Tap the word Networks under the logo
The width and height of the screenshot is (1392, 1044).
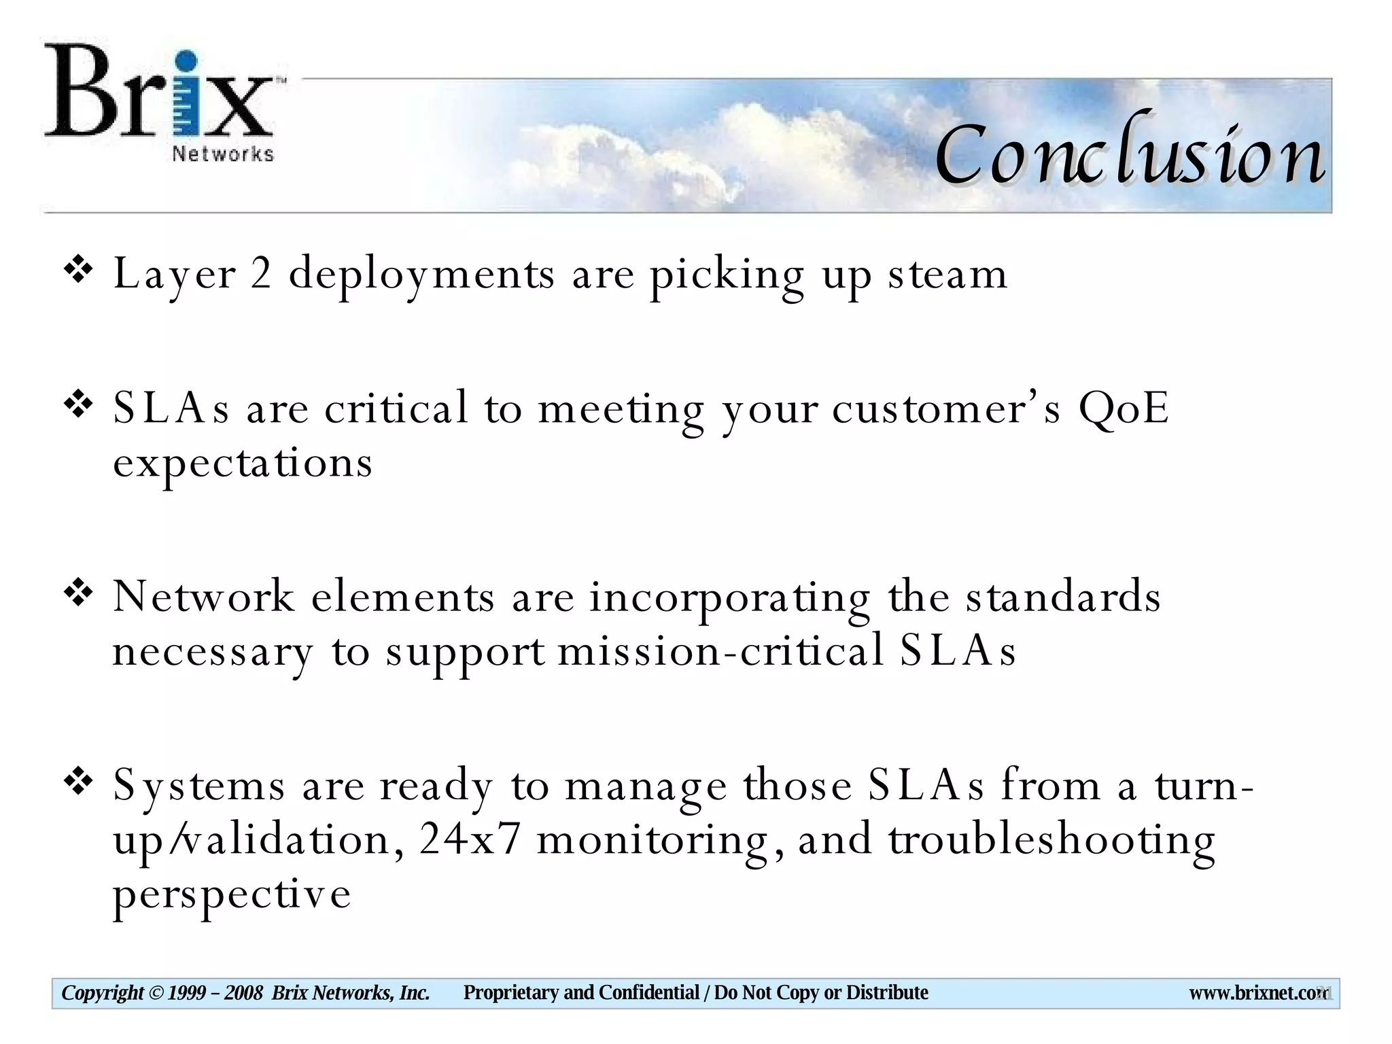tap(222, 154)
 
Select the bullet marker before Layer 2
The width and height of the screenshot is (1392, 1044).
tap(78, 271)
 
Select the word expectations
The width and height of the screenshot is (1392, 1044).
tap(243, 464)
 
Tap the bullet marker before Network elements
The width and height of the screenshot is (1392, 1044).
tap(78, 593)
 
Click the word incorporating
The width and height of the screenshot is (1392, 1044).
tap(729, 598)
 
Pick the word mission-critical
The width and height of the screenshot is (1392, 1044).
tap(720, 650)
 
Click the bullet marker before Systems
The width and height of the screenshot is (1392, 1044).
tap(78, 782)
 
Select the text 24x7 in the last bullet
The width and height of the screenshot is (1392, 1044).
tap(470, 839)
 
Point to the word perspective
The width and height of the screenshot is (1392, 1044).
tap(232, 894)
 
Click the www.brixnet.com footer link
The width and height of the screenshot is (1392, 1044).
tap(1257, 993)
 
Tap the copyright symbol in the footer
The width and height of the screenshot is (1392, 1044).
tap(156, 993)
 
